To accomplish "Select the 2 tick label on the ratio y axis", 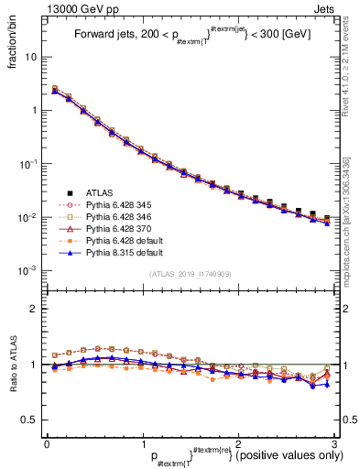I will (35, 309).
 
